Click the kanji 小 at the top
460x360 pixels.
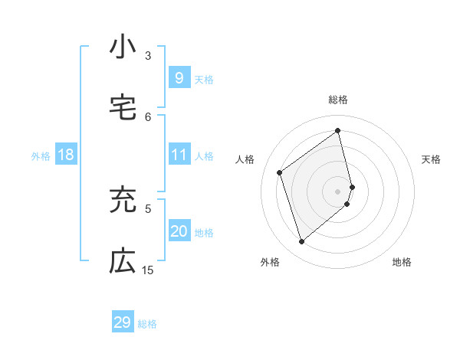123,47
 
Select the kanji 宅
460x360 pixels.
123,109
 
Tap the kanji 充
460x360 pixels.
123,200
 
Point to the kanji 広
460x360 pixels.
123,261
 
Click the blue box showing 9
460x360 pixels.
179,77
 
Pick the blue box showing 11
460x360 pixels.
179,155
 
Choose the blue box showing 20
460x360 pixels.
179,231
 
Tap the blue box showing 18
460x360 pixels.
66,155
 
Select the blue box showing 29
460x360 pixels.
123,322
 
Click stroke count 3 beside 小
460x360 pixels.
147,55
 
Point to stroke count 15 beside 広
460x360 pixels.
148,270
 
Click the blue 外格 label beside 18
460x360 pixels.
41,155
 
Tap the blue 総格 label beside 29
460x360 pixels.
147,324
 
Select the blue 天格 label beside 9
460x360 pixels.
204,79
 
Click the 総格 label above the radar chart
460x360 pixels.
338,100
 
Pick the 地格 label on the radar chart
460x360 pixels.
402,262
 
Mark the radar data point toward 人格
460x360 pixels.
280,173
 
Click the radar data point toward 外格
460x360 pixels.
301,242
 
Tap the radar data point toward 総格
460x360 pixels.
338,130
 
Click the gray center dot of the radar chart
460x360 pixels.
338,190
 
